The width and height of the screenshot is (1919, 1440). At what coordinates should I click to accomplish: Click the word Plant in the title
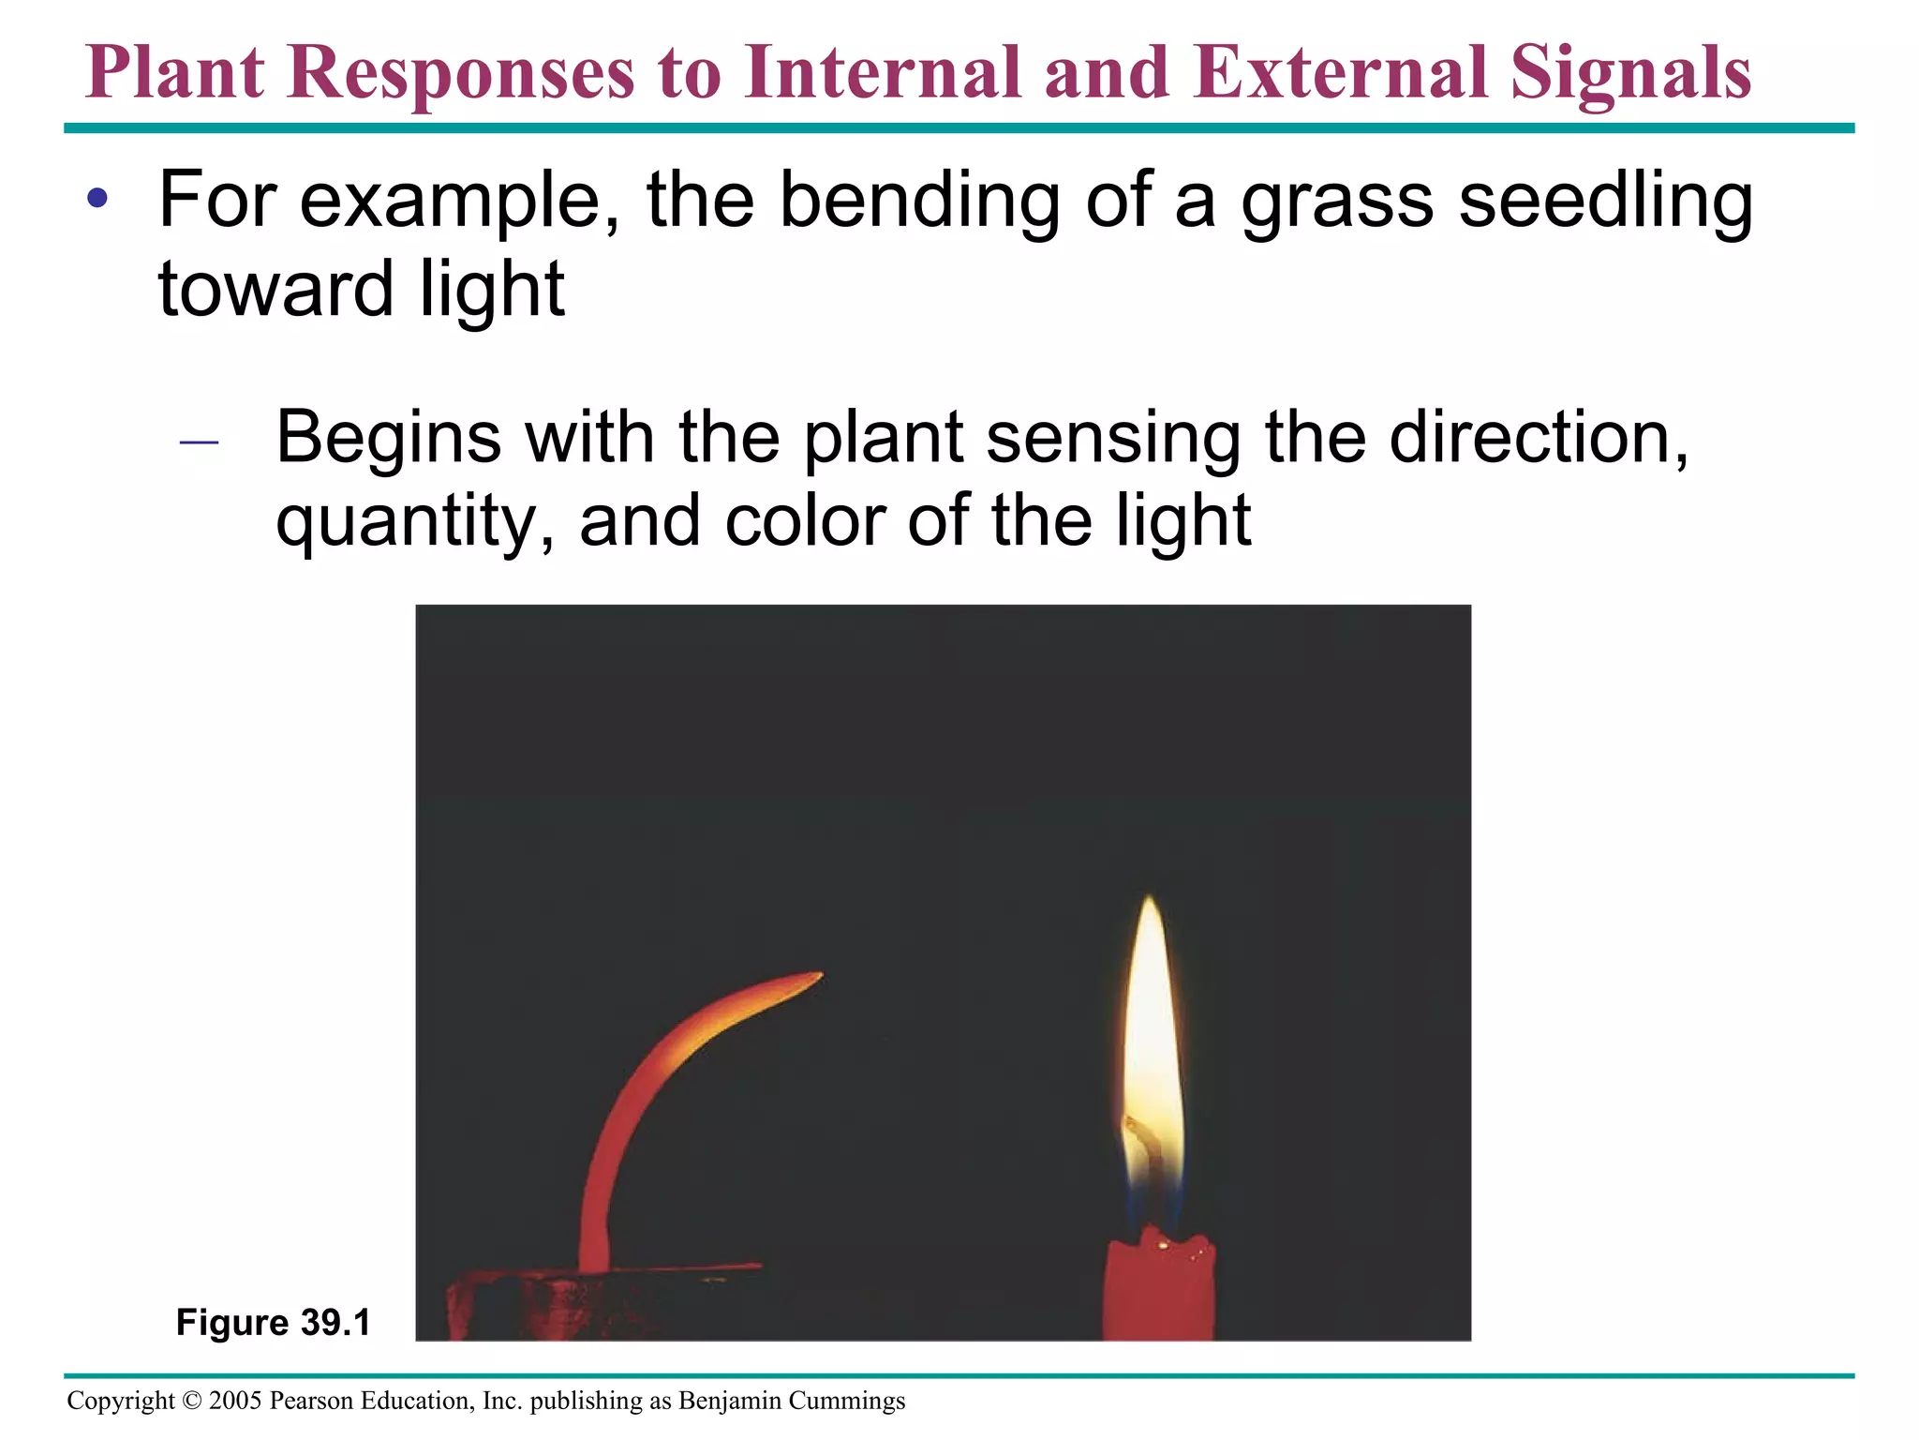pos(175,73)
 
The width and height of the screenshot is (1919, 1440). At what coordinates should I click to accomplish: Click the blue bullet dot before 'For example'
pos(97,199)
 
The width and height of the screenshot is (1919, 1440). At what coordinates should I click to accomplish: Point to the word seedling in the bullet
pos(1605,201)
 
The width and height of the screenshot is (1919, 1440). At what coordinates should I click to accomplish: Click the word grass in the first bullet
pos(1337,201)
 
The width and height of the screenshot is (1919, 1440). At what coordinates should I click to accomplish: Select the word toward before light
pos(275,288)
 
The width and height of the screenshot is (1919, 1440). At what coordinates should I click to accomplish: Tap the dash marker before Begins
pos(199,442)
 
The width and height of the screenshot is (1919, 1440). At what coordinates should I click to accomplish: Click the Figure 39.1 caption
pos(274,1323)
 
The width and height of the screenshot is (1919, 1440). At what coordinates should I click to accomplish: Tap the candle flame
pos(1152,1031)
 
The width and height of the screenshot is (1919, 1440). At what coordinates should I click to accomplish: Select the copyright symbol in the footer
pos(192,1401)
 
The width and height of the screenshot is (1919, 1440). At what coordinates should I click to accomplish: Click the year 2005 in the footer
pos(235,1401)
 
